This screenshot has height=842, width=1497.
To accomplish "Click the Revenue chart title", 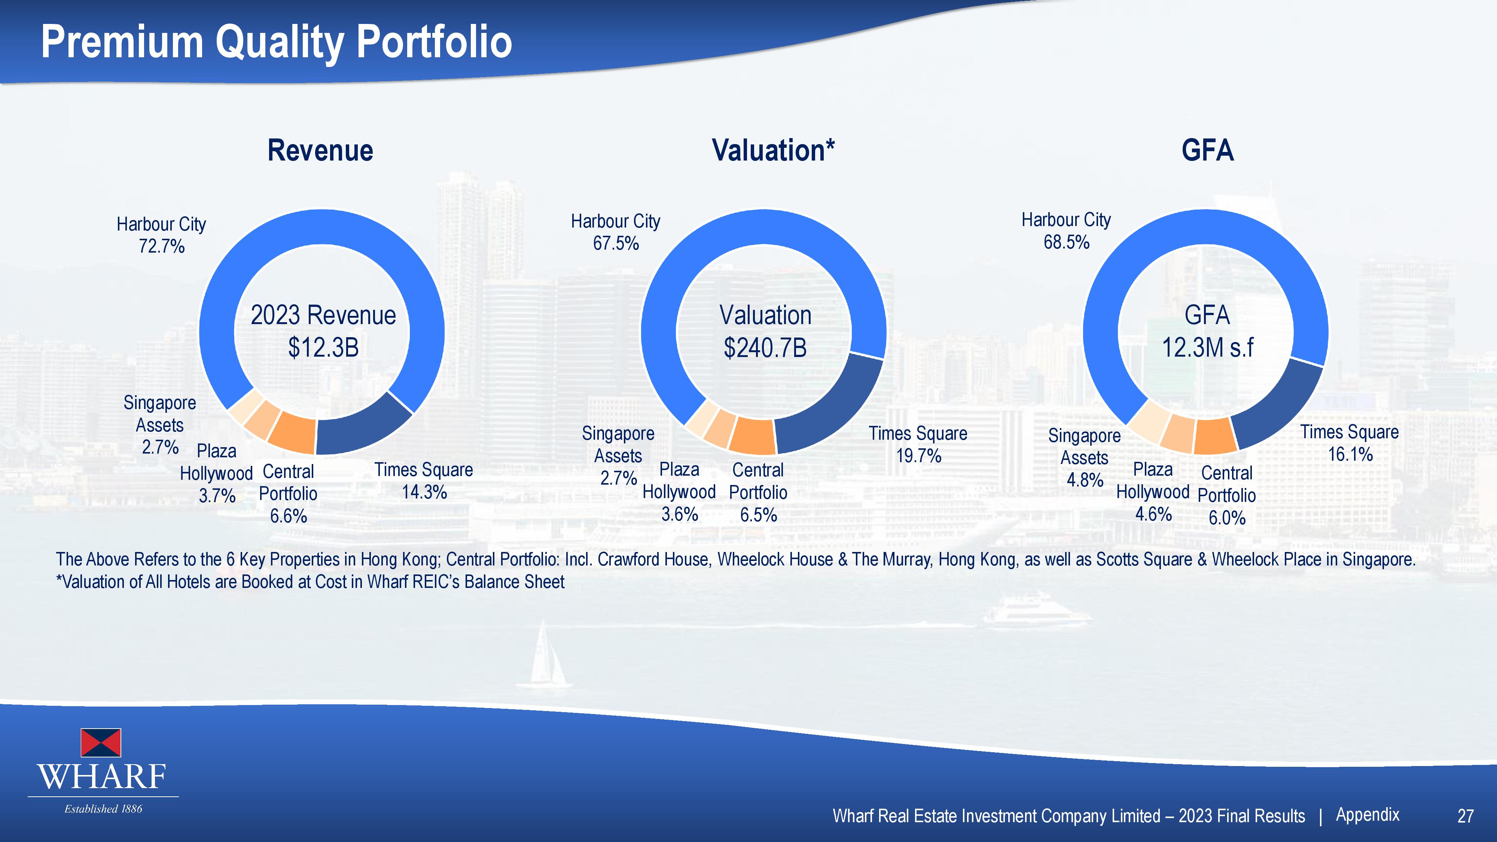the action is [x=320, y=150].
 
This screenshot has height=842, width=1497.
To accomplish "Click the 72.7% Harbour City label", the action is [x=162, y=246].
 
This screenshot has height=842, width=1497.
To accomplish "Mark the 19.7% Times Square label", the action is [x=918, y=455].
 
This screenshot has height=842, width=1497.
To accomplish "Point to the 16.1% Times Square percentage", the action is [x=1350, y=454].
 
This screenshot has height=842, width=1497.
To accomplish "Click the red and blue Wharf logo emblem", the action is [x=101, y=742].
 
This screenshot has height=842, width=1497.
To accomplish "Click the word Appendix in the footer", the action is [x=1368, y=815].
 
